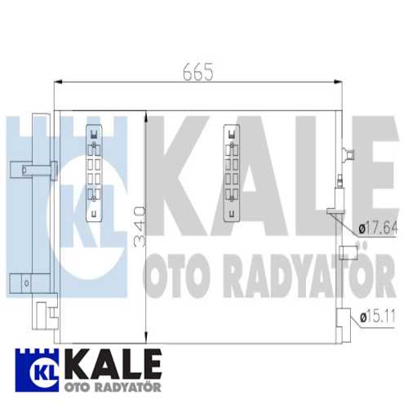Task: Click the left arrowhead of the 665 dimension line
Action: tap(58, 82)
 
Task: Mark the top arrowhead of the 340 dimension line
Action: tap(144, 115)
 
